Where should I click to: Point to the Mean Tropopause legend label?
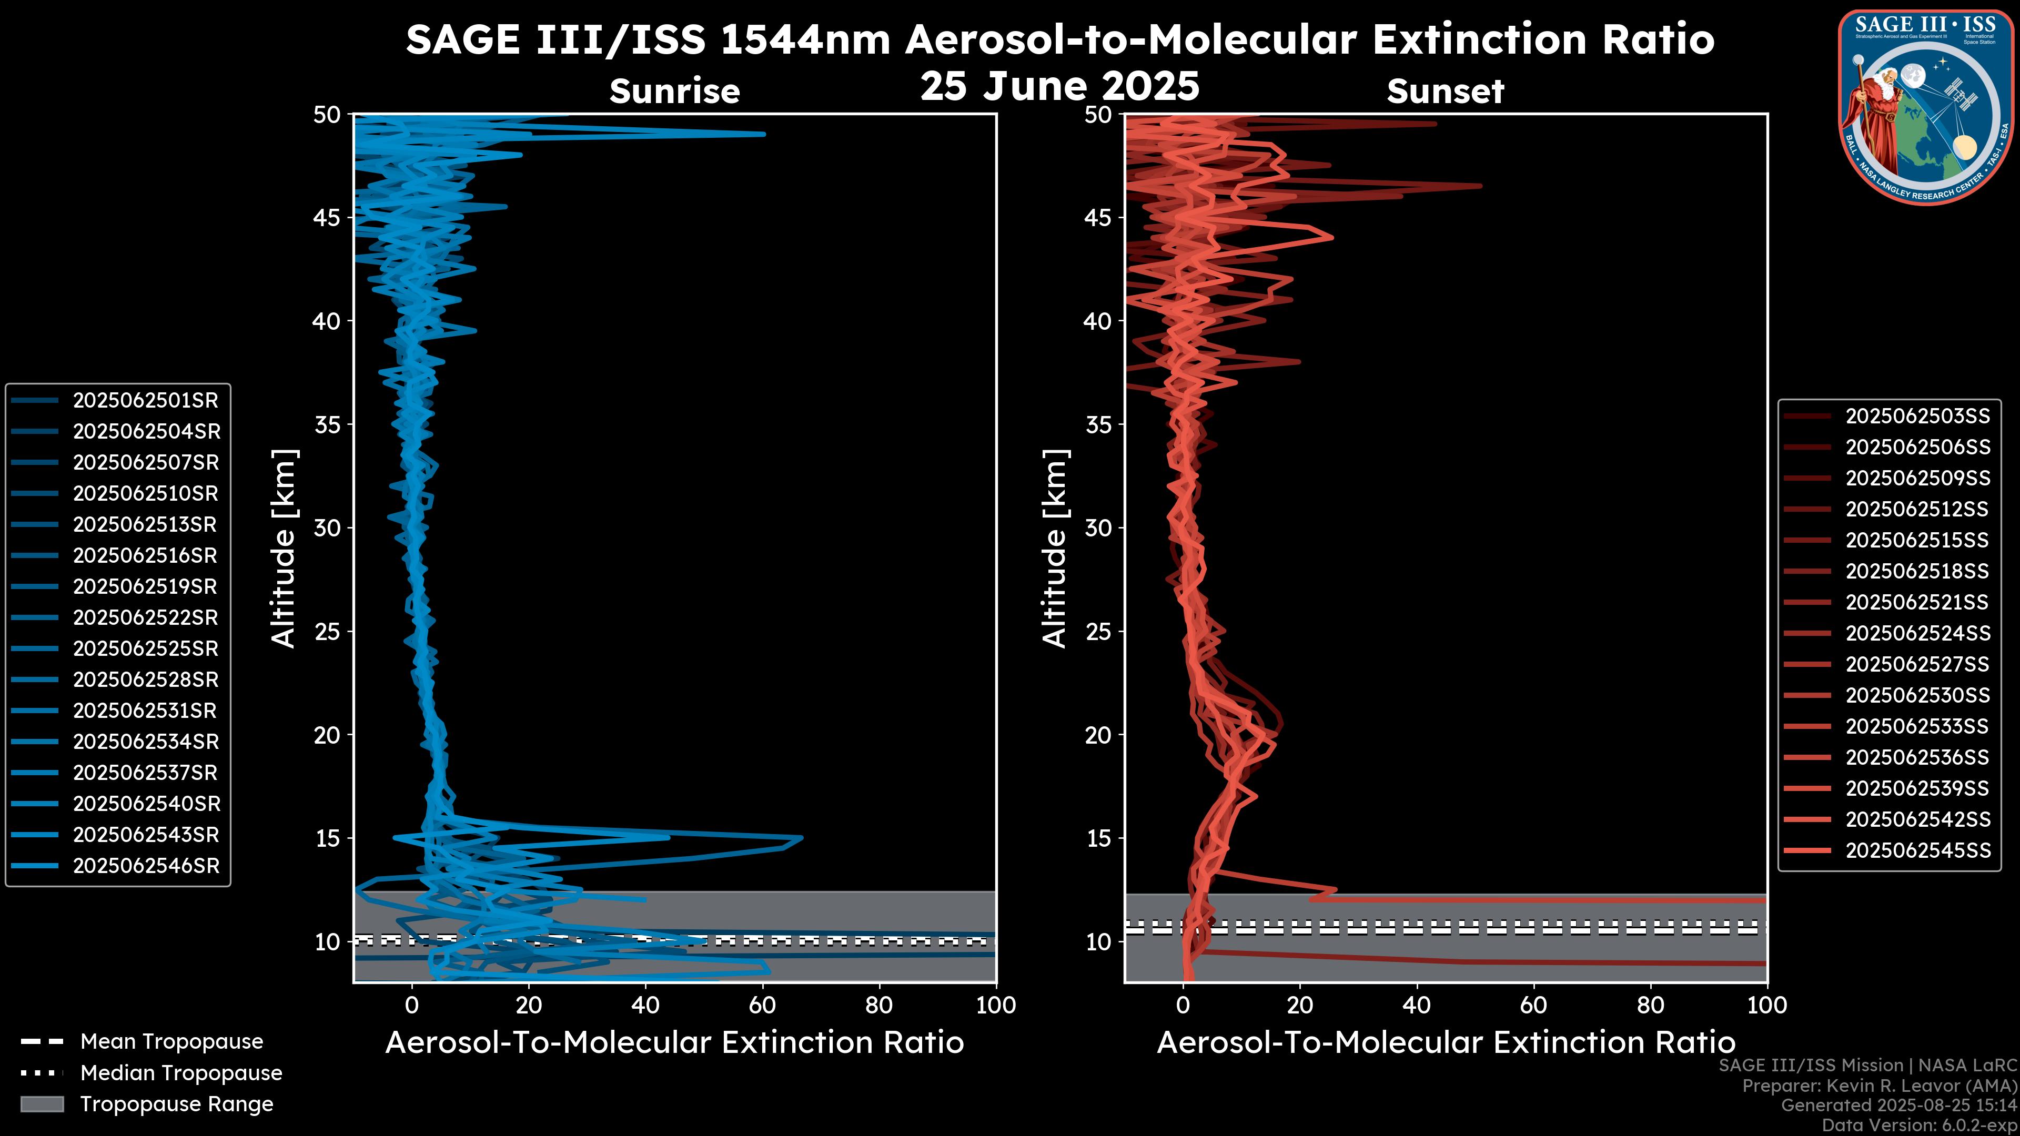coord(171,1042)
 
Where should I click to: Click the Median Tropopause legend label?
coord(181,1073)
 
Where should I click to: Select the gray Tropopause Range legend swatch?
coord(42,1104)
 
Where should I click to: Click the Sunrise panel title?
coord(674,92)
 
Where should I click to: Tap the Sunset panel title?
coord(1445,92)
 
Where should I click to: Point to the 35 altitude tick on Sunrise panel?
coord(327,425)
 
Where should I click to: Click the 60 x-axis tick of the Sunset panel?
coord(1533,1005)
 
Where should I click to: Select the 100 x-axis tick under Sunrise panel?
coord(996,1005)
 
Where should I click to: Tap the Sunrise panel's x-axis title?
coord(674,1043)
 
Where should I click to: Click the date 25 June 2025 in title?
coord(1059,86)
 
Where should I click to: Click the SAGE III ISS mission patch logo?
coord(1925,106)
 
